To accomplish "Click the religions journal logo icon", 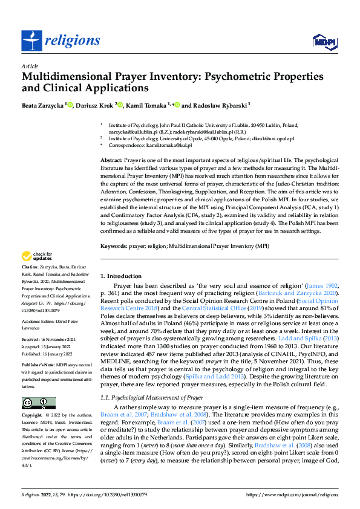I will [x=32, y=41].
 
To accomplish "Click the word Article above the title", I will [x=30, y=66].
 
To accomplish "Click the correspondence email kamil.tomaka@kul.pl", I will [x=169, y=145].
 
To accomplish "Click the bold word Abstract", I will [x=111, y=158].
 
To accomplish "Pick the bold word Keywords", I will [x=113, y=247].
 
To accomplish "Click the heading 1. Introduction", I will [x=120, y=276].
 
